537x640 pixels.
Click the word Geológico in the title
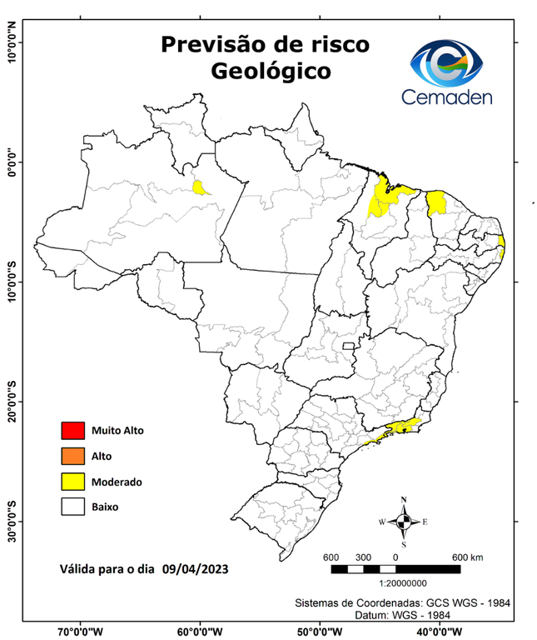271,72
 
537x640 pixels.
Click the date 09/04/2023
196,568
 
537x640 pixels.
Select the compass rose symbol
404,522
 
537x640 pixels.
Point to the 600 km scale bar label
467,557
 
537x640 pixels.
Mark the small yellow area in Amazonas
200,187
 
